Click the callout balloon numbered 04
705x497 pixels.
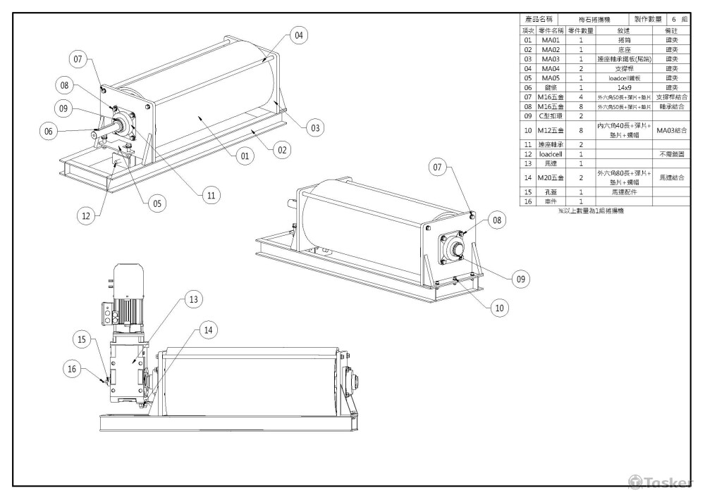[x=300, y=35]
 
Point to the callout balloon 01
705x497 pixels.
[x=243, y=156]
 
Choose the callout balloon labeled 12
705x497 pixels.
[x=87, y=216]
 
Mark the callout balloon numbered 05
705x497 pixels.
[x=156, y=203]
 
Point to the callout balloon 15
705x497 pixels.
[x=84, y=340]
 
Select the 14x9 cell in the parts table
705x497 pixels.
[x=624, y=87]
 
